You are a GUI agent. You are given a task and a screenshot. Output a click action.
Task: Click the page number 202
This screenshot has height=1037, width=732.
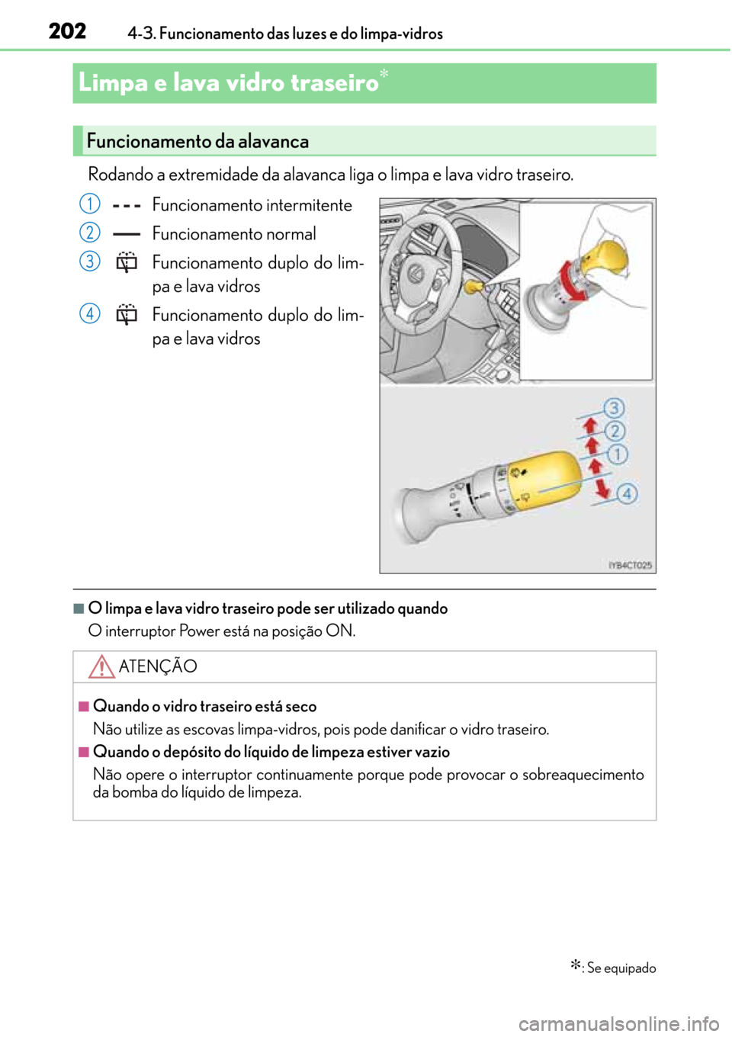click(67, 32)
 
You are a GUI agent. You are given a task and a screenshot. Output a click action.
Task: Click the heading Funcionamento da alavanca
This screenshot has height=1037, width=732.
click(197, 141)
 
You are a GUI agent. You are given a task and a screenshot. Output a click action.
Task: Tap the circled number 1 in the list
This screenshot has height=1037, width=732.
click(89, 204)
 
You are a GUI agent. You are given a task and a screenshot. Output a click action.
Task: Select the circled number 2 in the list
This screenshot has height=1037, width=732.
click(89, 233)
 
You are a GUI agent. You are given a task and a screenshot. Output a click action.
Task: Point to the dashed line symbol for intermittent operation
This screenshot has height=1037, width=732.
click(127, 207)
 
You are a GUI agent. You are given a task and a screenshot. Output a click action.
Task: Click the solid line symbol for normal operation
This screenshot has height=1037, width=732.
click(127, 235)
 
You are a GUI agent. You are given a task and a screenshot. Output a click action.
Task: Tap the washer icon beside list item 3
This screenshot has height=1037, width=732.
click(127, 263)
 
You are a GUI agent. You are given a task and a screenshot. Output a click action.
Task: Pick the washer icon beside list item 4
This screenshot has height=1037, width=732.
click(127, 315)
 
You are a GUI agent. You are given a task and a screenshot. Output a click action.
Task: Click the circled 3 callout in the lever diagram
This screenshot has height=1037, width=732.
click(614, 409)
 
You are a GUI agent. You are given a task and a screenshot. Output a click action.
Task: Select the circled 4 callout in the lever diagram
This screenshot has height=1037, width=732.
click(627, 494)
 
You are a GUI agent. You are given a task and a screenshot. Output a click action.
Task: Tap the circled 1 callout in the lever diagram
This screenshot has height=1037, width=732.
click(617, 454)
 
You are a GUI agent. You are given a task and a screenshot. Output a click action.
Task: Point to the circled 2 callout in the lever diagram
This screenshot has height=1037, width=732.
click(615, 431)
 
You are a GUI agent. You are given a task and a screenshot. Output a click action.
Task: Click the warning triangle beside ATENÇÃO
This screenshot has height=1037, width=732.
click(101, 666)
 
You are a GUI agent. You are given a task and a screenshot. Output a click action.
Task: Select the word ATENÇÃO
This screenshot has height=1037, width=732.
click(158, 666)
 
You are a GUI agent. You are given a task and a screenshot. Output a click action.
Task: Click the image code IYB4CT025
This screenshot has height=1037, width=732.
click(630, 565)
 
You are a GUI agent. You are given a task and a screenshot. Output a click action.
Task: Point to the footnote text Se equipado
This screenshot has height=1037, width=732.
click(621, 968)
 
